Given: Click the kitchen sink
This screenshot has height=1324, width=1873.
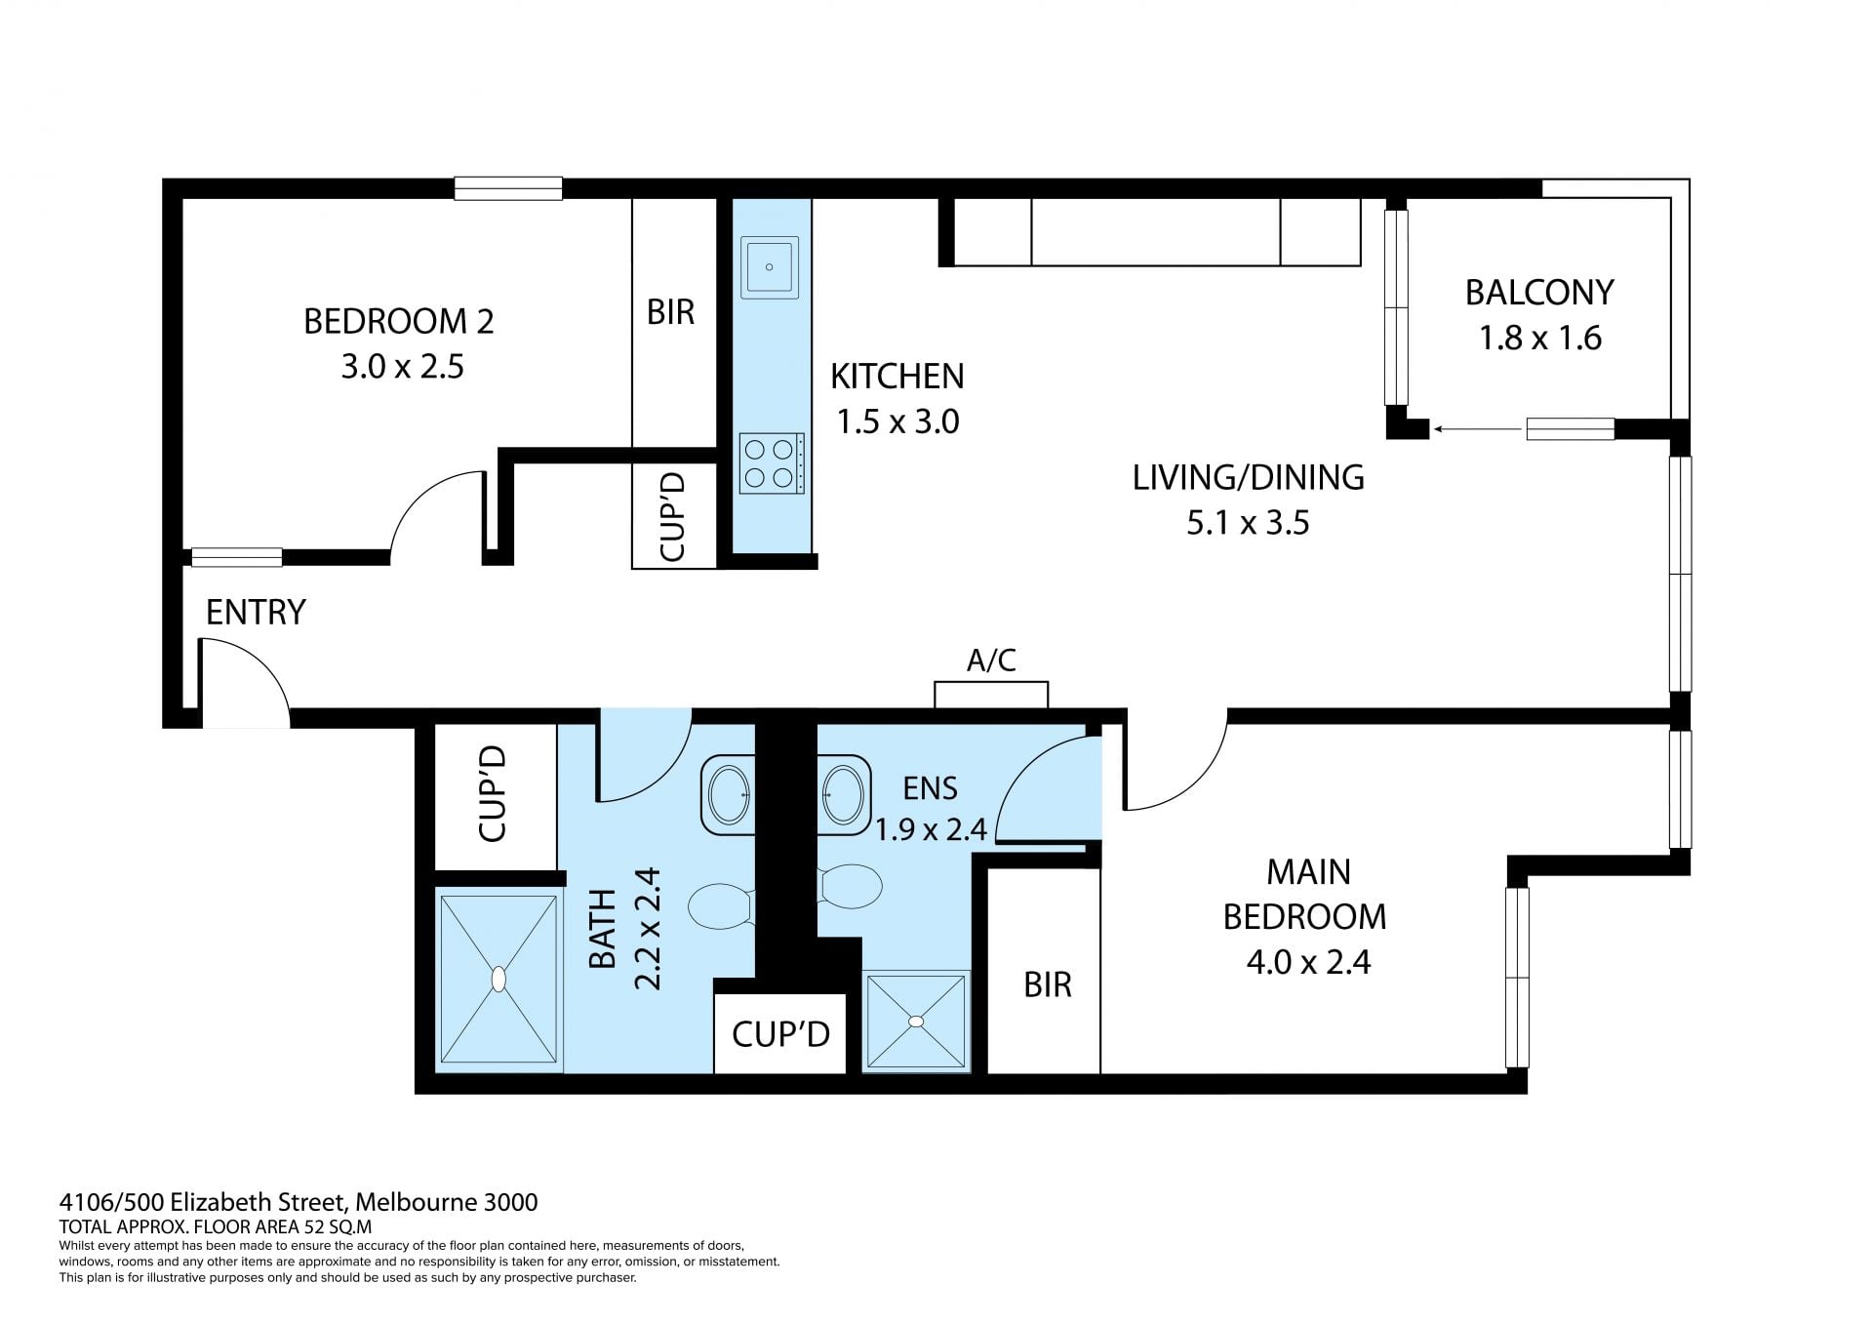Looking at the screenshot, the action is tap(770, 266).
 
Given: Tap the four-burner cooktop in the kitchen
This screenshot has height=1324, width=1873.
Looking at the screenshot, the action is tap(772, 463).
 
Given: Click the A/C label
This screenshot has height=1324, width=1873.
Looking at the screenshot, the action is tap(991, 661).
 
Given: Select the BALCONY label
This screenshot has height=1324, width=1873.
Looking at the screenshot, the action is tap(1539, 292).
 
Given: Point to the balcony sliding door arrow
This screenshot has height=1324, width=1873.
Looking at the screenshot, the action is tap(1480, 428).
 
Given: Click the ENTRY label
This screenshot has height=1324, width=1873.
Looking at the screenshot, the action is tap(256, 612).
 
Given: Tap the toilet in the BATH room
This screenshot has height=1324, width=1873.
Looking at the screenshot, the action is tap(720, 906).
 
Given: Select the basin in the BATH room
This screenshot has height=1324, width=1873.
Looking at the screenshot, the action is tap(728, 794).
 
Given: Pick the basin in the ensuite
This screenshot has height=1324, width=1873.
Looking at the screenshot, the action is tap(844, 794).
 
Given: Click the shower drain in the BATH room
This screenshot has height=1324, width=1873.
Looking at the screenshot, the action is tap(498, 979).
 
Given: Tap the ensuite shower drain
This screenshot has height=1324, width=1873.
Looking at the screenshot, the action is tap(915, 1022).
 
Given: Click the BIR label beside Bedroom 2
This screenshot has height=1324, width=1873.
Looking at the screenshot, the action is tap(670, 312).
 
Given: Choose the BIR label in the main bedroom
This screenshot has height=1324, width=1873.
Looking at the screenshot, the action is tap(1048, 984).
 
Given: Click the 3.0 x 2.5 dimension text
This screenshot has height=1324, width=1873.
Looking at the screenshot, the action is tap(402, 367).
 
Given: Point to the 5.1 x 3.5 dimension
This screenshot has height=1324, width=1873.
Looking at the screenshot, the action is tap(1248, 523).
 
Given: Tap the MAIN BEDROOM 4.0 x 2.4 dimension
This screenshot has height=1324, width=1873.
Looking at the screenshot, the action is tap(1308, 962).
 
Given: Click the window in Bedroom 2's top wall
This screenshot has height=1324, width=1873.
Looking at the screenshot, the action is tap(508, 188).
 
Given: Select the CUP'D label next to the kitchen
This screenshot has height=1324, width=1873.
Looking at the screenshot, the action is tap(673, 516).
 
